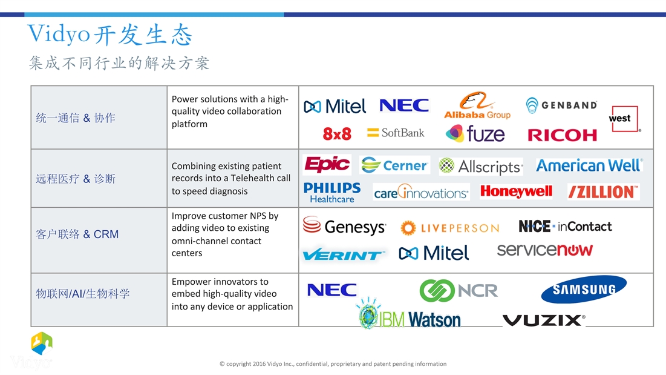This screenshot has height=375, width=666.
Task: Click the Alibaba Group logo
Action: pos(477,105)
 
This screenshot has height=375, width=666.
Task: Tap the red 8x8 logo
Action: pos(337,134)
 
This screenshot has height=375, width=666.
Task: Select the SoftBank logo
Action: pos(396,133)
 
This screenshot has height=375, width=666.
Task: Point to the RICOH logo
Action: pos(562,135)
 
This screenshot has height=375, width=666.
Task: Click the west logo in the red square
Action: pos(625,119)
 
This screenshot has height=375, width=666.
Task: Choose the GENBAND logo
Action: pos(561,105)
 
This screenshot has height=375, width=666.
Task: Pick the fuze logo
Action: pos(475,133)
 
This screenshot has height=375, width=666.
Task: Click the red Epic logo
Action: pos(327,165)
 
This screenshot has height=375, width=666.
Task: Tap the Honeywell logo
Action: pos(516,192)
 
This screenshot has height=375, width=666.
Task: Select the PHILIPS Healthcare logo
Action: pos(331,193)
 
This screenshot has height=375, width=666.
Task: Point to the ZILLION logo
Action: pos(603,192)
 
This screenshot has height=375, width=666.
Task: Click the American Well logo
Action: pos(589,165)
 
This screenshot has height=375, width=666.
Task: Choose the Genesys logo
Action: pos(344,226)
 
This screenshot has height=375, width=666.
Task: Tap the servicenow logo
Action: pos(544,250)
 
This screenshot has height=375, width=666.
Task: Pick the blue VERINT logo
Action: pos(344,254)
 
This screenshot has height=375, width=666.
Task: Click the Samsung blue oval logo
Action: pos(584,289)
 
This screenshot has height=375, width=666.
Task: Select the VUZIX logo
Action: pos(544,320)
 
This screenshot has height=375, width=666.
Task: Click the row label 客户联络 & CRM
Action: pos(77,234)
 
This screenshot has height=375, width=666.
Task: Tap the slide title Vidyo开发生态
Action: pos(109,35)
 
